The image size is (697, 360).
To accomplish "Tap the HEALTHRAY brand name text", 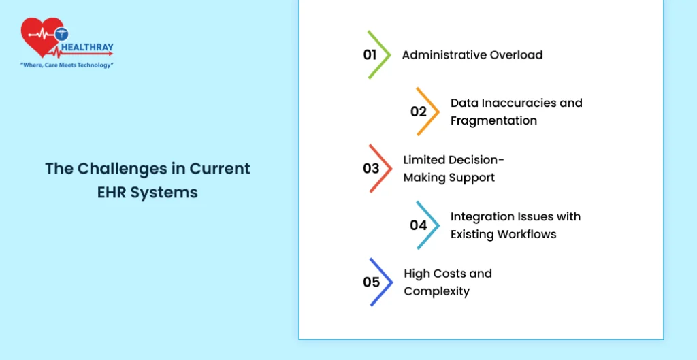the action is point(87,47).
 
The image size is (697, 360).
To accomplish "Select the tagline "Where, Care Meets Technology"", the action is point(67,65).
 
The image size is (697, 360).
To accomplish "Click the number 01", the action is point(370,54).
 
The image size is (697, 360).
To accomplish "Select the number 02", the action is point(419,112).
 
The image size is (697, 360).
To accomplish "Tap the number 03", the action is point(371,169).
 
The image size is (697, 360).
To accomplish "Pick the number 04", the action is point(419,225).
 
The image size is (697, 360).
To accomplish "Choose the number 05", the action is point(371,282).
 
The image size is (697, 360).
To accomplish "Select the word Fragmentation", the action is point(494,120).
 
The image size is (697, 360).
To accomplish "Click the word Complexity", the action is point(436,291).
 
